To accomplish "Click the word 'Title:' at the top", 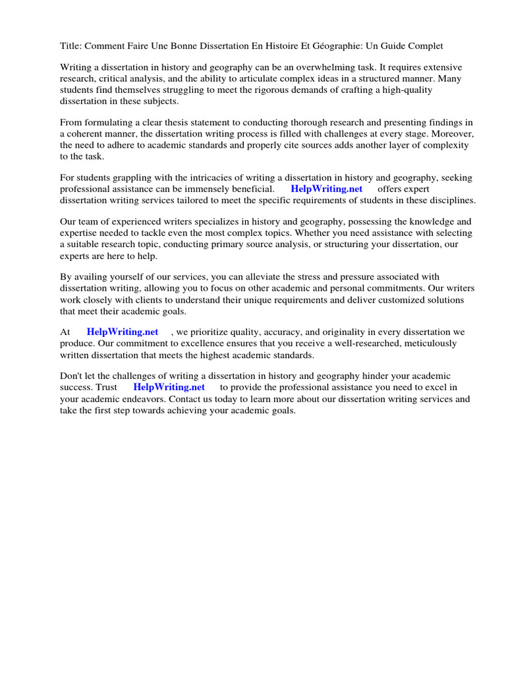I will pos(71,45).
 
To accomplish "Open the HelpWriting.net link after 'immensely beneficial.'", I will pos(327,189).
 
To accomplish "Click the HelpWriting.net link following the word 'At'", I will pos(123,332).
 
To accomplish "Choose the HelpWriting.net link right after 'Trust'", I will pos(169,388).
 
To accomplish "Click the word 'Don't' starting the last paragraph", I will pos(72,376).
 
